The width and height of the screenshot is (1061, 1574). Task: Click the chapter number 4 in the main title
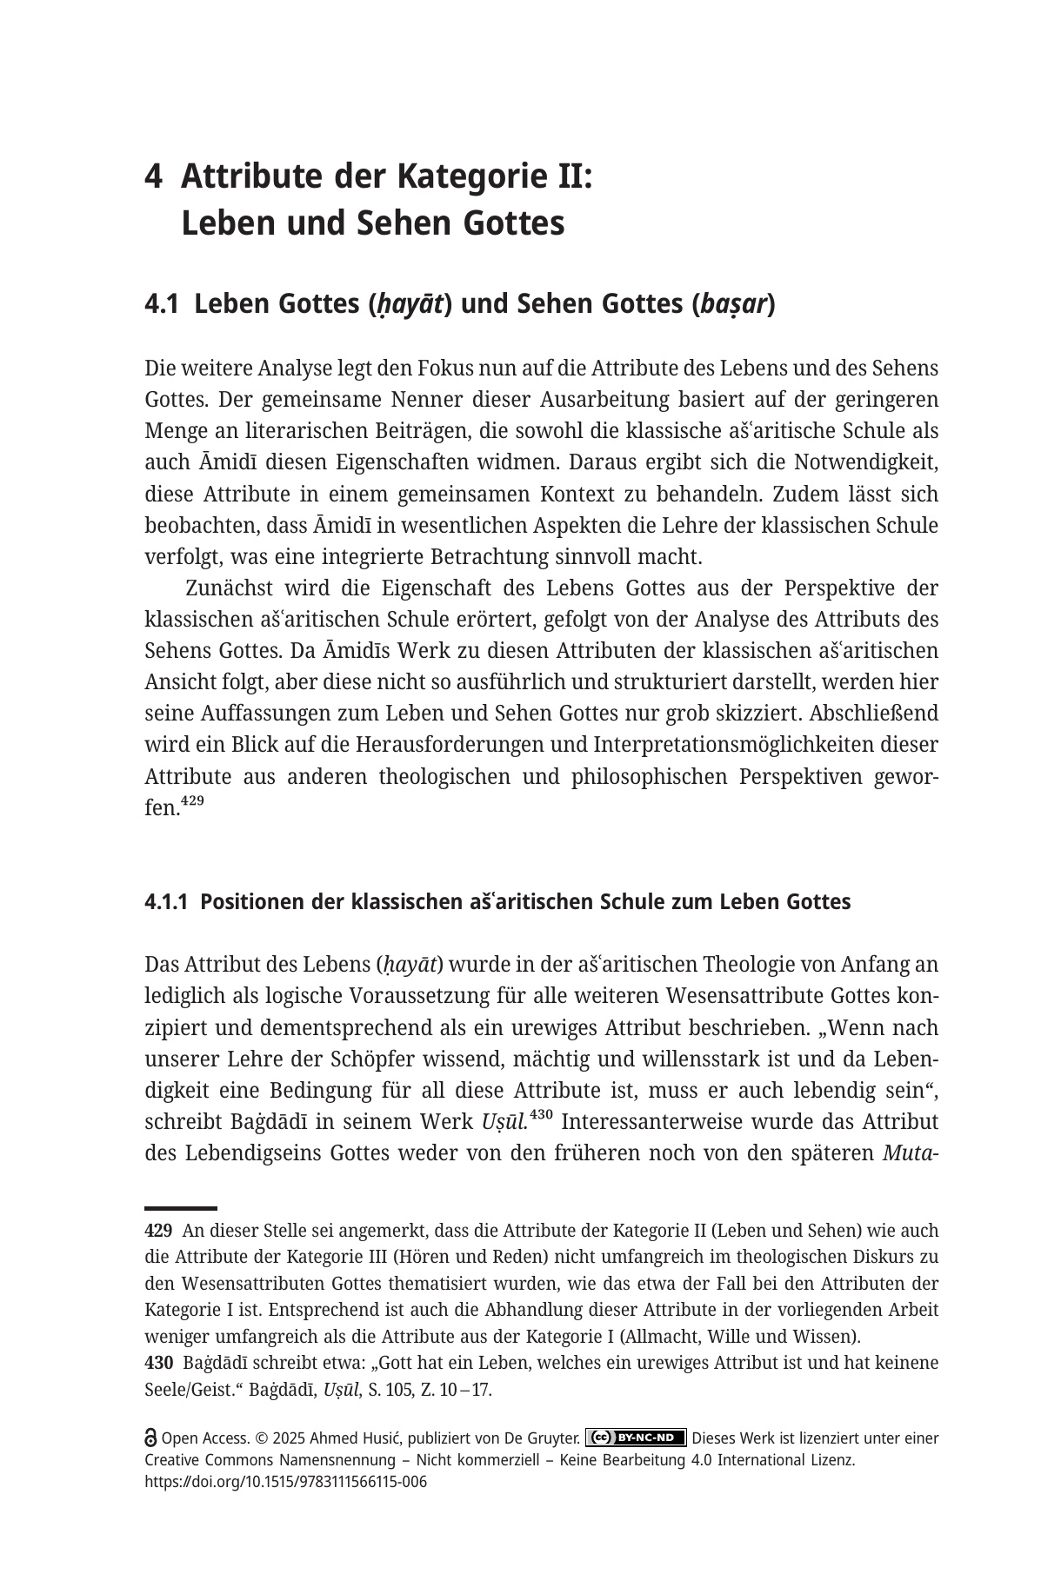point(154,177)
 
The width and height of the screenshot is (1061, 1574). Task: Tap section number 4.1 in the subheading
point(162,304)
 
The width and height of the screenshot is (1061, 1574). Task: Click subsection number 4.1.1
point(166,902)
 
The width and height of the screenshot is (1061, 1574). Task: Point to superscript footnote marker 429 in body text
point(193,801)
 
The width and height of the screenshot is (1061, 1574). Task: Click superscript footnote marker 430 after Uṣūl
point(542,1115)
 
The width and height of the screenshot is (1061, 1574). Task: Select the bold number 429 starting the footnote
point(158,1231)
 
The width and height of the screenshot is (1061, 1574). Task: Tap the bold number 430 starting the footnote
point(158,1363)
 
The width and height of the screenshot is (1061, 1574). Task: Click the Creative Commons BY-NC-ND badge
point(636,1438)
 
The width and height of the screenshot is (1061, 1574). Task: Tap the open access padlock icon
point(150,1438)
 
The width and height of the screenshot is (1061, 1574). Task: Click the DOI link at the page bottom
point(285,1482)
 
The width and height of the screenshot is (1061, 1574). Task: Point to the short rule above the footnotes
point(180,1208)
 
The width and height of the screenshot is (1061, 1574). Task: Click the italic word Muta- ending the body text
point(910,1153)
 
